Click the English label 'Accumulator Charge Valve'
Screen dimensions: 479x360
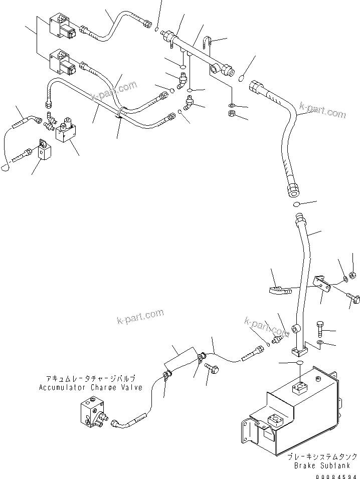click(x=90, y=387)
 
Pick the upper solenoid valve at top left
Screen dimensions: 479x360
click(x=61, y=29)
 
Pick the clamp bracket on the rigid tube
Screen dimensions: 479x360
click(x=320, y=285)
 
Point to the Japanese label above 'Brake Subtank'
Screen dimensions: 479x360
click(x=322, y=456)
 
